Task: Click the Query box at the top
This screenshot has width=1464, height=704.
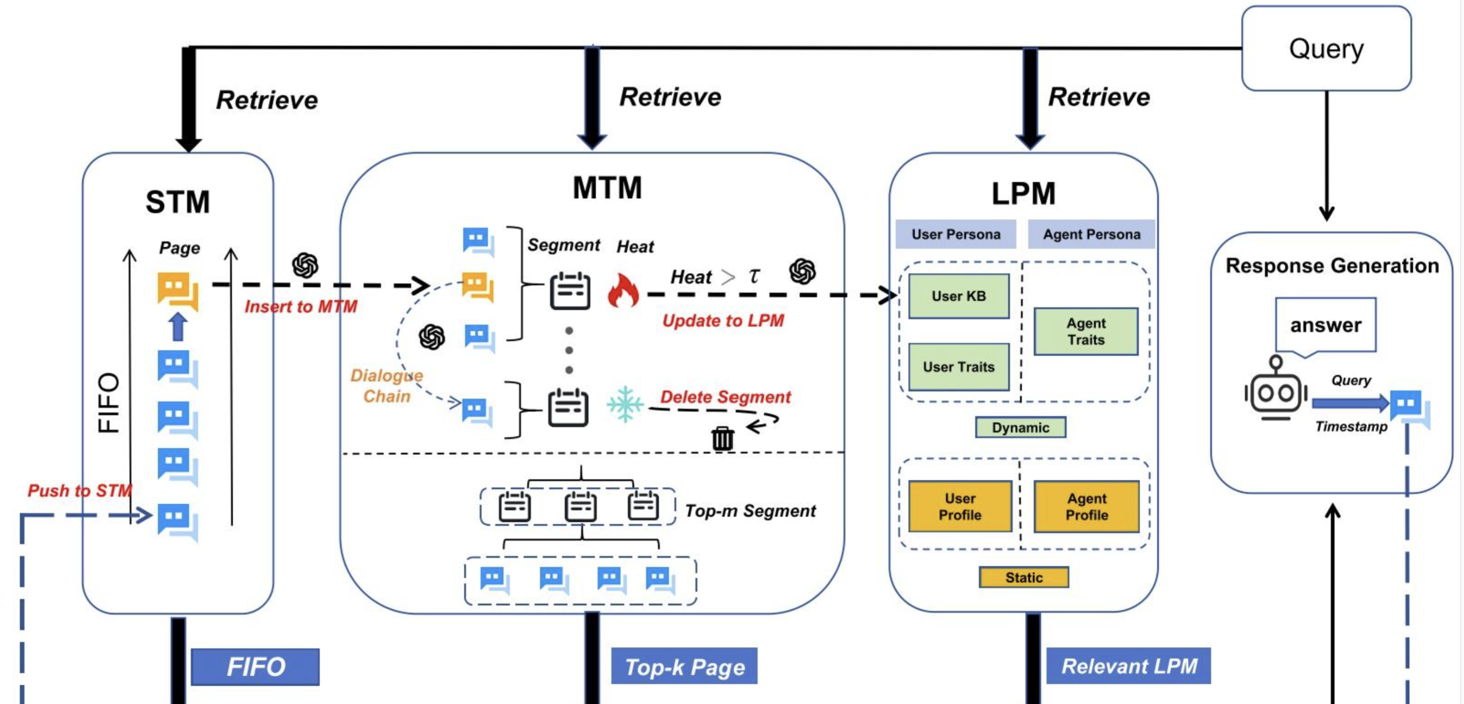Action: pos(1326,48)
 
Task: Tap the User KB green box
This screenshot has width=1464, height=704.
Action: pos(959,296)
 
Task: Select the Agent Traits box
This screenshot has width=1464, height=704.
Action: pos(1086,332)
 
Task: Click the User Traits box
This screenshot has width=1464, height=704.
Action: pos(959,367)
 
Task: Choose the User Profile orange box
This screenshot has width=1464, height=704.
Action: pos(960,507)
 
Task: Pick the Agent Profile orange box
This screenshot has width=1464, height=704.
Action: pos(1086,507)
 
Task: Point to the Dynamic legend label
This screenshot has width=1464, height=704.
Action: pos(1020,428)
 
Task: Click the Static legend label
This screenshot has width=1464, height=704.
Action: pos(1024,577)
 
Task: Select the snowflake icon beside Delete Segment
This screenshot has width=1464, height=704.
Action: pos(624,404)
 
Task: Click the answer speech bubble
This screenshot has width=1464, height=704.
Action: pos(1325,325)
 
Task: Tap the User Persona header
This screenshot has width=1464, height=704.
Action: pos(956,235)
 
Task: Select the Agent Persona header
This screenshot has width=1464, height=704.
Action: pos(1091,235)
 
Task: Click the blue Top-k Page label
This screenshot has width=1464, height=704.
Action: pos(684,666)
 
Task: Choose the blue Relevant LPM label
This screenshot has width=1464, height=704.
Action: pos(1129,666)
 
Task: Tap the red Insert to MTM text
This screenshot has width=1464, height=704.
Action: pos(301,307)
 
